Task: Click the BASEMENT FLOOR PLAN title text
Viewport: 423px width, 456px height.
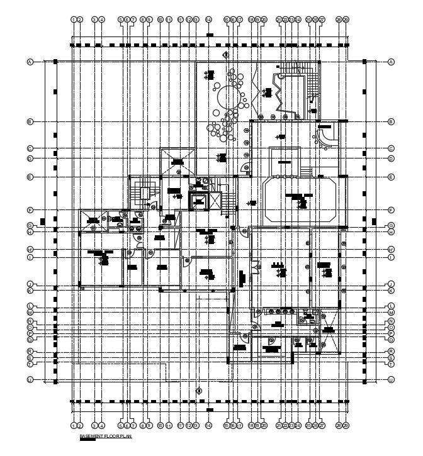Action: tap(105, 436)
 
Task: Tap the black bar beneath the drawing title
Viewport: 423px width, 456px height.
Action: tap(87, 440)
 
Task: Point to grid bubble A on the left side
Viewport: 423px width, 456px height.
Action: tap(30, 62)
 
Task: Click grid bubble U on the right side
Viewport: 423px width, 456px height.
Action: tap(391, 380)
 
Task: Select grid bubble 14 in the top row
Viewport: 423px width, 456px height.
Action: tap(208, 19)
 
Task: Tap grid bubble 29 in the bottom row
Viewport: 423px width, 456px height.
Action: tap(346, 426)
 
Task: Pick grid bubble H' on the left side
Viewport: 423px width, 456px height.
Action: tap(30, 250)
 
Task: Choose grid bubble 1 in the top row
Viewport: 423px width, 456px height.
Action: tap(74, 19)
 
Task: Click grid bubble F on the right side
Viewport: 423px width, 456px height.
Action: tap(391, 210)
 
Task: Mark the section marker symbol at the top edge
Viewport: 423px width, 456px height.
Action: tap(225, 55)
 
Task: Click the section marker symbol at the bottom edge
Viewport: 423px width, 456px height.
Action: tap(199, 391)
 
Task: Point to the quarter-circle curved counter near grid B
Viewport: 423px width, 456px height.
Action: tap(327, 134)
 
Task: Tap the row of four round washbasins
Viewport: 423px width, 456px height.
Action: tap(278, 311)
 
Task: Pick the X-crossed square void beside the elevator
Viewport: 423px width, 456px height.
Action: tap(215, 201)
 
